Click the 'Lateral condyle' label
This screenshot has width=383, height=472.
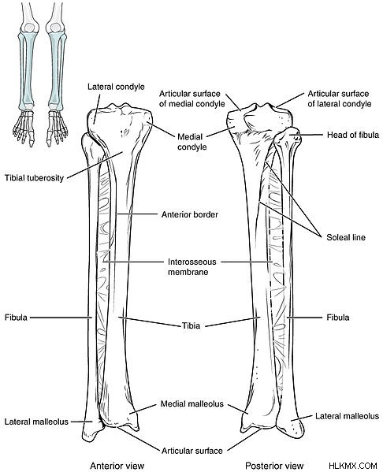click(116, 87)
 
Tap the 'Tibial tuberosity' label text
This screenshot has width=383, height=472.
click(35, 178)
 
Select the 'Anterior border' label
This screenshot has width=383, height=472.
click(190, 214)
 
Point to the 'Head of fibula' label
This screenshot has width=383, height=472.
click(353, 135)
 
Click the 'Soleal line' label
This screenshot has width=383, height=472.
click(346, 237)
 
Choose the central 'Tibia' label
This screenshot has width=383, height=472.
click(191, 325)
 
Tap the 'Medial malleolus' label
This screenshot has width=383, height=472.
click(192, 403)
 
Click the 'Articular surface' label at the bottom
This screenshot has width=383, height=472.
click(192, 451)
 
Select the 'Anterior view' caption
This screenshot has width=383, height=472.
click(117, 466)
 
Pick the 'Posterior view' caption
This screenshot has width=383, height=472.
click(274, 466)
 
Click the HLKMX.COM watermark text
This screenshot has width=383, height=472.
click(353, 466)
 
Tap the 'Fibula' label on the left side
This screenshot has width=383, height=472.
click(16, 318)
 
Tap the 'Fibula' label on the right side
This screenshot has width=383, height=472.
click(338, 318)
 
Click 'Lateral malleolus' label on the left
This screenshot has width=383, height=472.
click(36, 422)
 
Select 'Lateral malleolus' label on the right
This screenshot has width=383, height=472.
click(348, 416)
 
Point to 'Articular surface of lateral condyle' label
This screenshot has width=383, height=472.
click(340, 98)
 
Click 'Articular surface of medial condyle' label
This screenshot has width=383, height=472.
click(192, 98)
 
